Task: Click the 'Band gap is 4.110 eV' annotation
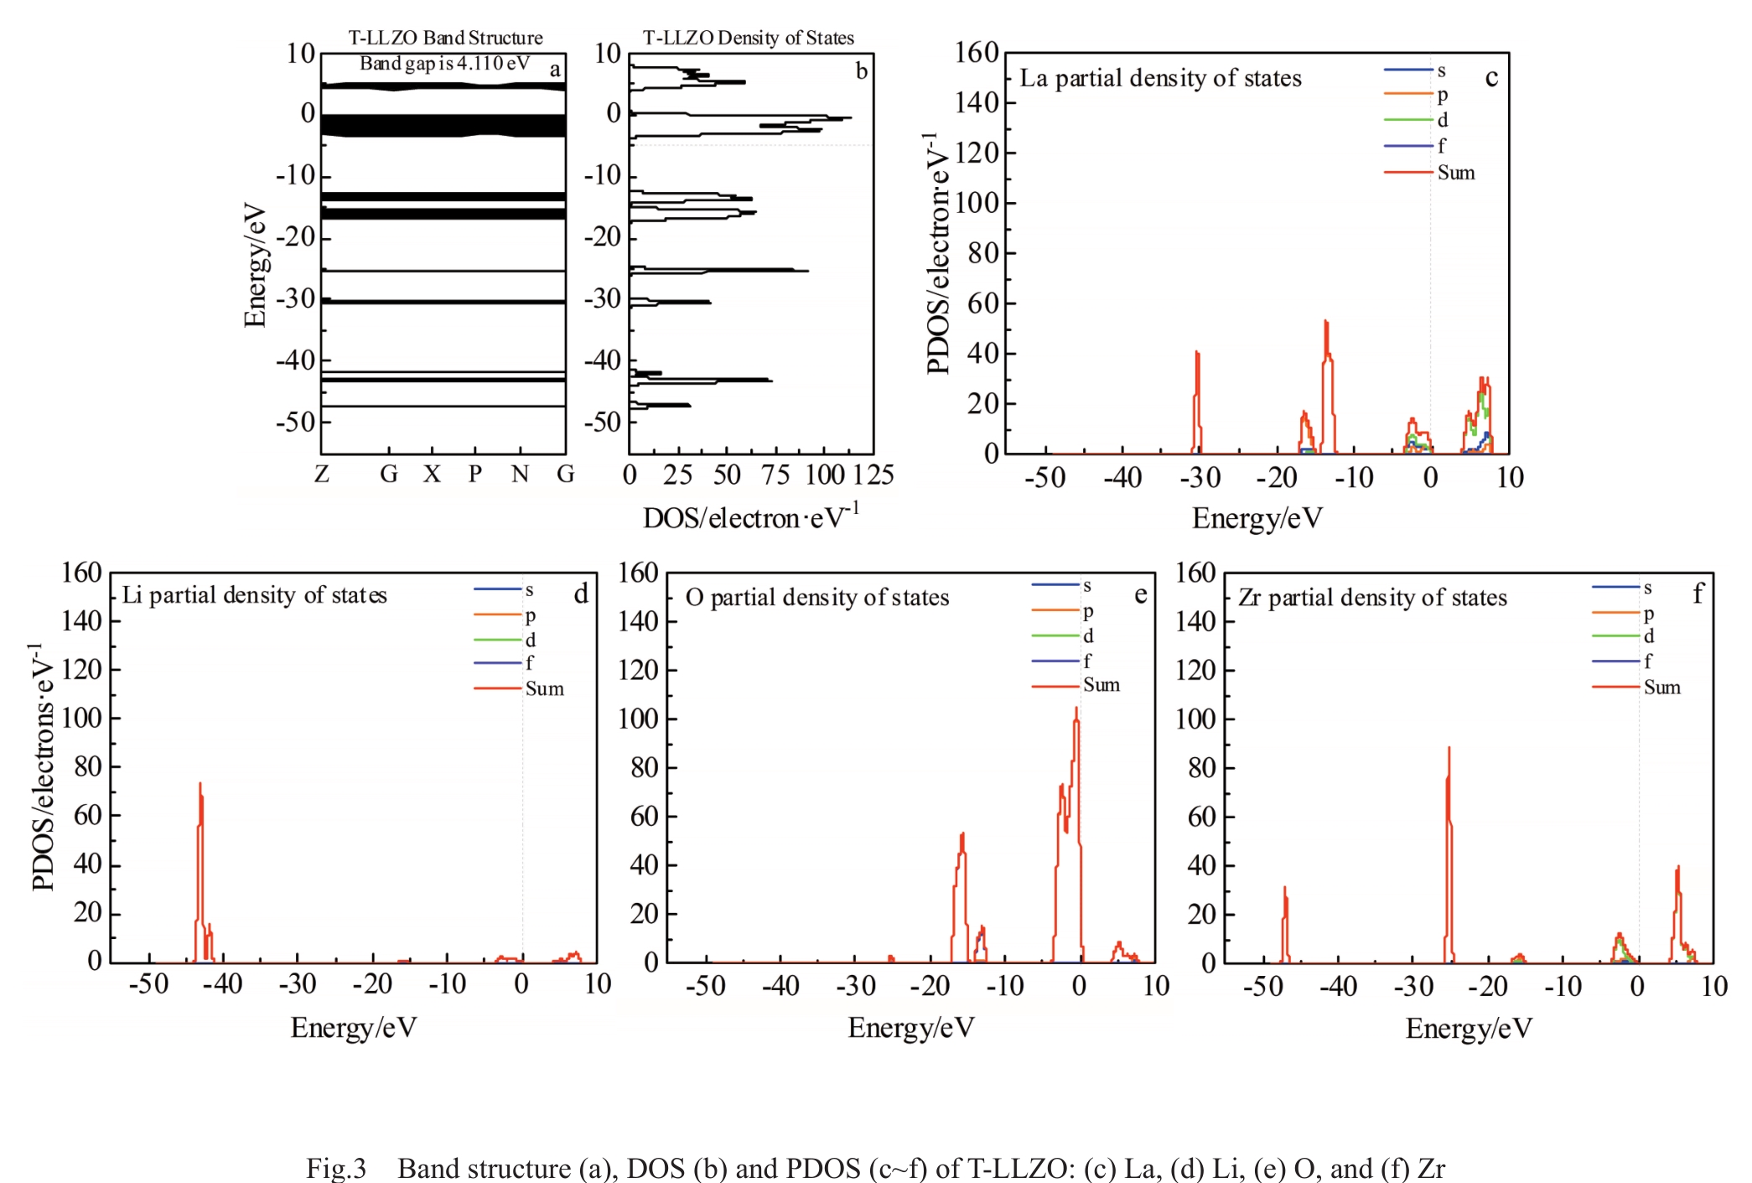pos(444,63)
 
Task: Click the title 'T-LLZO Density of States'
pos(748,38)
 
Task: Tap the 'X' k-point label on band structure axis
pos(432,475)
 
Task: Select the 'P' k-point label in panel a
pos(475,475)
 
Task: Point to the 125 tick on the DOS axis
pos(873,475)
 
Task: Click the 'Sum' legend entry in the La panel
pos(1455,173)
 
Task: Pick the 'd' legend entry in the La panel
pos(1443,121)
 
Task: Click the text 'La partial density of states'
pos(1160,79)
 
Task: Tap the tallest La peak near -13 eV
pos(1326,322)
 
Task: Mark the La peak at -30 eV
pos(1197,353)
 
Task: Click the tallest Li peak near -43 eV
pos(200,785)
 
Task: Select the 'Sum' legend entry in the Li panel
pos(544,689)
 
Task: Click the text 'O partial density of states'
pos(817,598)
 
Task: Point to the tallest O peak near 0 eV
pos(1076,709)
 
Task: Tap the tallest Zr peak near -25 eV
pos(1449,749)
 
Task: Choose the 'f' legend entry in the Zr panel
pos(1648,662)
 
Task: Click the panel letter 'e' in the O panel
pos(1140,594)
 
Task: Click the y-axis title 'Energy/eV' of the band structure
pos(254,264)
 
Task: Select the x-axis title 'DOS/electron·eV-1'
pos(751,517)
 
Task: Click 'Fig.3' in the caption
pos(336,1168)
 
